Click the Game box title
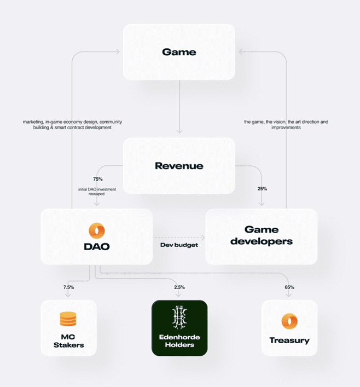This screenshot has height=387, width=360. (179, 53)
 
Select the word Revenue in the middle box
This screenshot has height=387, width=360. (179, 166)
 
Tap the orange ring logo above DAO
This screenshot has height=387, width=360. (96, 230)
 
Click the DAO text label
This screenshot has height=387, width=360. (97, 247)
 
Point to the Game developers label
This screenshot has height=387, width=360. (262, 235)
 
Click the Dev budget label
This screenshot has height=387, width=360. (179, 245)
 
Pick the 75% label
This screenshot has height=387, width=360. (98, 179)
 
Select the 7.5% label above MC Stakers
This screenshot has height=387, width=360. (68, 287)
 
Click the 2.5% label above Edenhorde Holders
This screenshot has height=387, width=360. (179, 287)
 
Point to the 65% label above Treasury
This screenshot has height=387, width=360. (289, 287)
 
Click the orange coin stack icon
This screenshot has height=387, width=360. (68, 319)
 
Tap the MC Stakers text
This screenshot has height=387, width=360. (68, 341)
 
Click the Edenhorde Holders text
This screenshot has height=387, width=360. (179, 341)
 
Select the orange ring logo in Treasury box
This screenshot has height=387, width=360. (289, 321)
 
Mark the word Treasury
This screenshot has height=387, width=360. (289, 340)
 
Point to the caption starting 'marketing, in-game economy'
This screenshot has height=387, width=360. (72, 124)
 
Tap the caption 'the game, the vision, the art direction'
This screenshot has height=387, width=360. (286, 124)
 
